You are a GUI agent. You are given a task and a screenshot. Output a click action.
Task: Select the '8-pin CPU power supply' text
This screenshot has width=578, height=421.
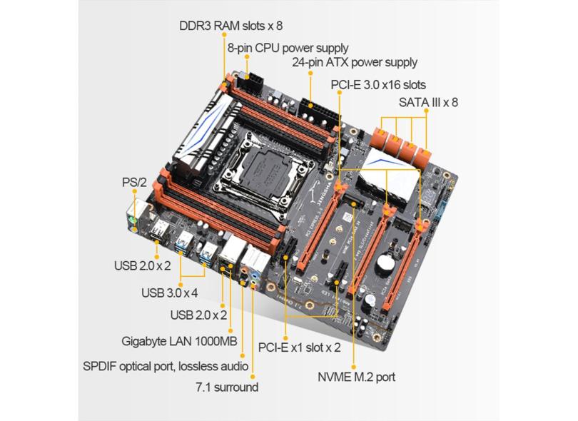pos(288,48)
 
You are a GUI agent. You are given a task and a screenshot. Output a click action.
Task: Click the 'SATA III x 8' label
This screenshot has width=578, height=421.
pos(428,102)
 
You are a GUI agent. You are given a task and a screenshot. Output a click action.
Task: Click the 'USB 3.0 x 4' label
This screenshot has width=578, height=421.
pos(168,292)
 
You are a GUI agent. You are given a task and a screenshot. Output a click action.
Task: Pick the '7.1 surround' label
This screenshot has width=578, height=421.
pos(226,387)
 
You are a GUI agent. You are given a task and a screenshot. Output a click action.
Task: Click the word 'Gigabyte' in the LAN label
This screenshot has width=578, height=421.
pos(143,340)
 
